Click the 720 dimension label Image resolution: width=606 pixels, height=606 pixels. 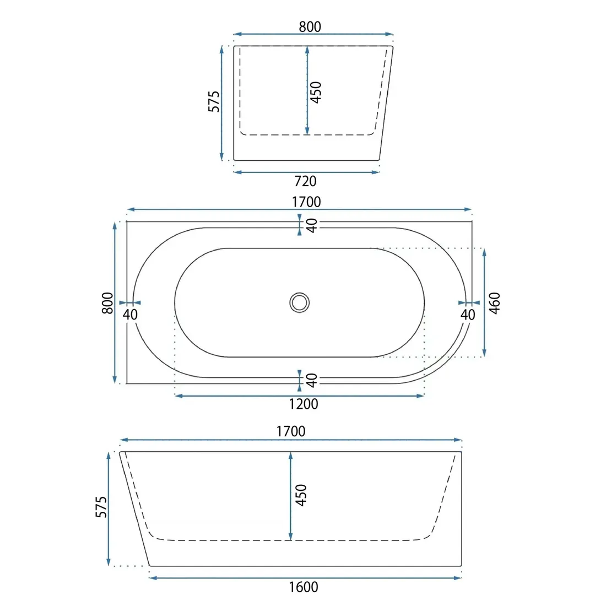[305, 181]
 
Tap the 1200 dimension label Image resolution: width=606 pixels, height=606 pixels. [304, 404]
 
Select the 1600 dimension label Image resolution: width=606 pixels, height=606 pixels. [304, 587]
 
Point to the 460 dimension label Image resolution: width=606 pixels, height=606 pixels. [495, 303]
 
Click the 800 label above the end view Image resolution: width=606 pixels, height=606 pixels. [310, 26]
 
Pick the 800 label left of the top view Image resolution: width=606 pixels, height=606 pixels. [107, 303]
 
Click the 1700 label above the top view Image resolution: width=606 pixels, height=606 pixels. [306, 202]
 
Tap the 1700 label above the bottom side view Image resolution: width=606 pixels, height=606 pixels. [291, 431]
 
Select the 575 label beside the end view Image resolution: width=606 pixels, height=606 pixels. [214, 101]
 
